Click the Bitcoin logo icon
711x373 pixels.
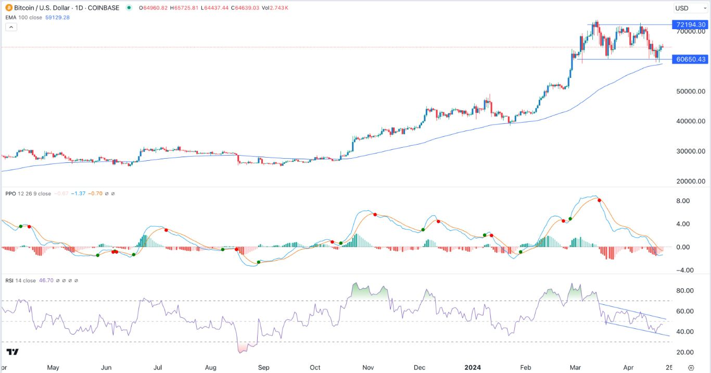(9, 8)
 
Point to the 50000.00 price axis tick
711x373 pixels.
(691, 91)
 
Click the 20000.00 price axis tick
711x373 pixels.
(691, 181)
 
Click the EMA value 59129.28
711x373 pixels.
(58, 17)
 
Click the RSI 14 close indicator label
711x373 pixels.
(21, 280)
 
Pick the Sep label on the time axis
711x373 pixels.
(264, 367)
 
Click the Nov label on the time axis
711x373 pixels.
(369, 367)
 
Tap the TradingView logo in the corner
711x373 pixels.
(12, 352)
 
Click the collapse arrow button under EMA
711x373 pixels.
(10, 27)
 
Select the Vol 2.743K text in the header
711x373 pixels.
(274, 8)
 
